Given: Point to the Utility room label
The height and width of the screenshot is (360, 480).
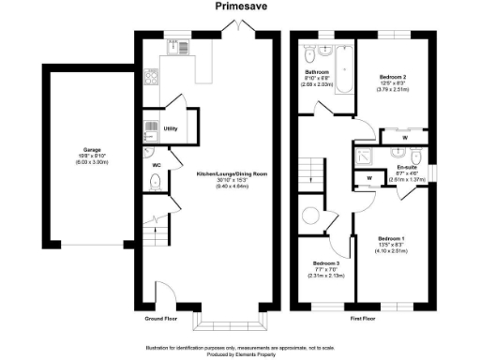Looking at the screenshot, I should pos(170,128).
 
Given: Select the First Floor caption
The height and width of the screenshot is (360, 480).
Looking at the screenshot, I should pos(364,318).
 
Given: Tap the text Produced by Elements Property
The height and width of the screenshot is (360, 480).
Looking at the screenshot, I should pos(240,354).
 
